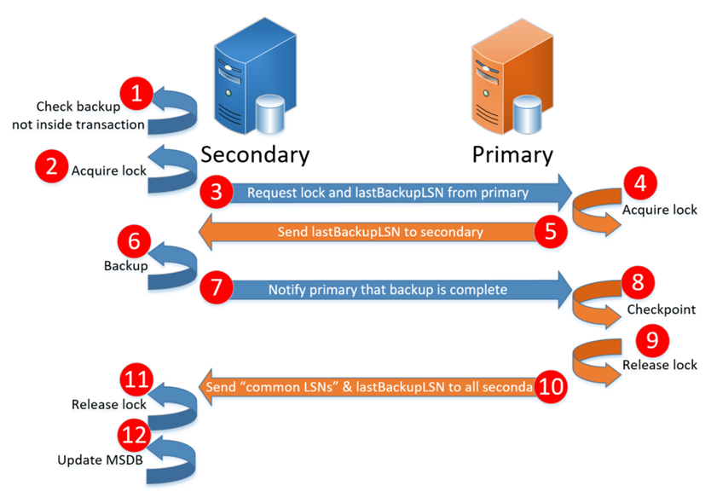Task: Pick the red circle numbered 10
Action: point(550,387)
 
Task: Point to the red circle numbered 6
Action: point(136,242)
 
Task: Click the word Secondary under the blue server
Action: point(255,154)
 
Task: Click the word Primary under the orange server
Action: point(512,154)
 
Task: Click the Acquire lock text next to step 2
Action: point(109,170)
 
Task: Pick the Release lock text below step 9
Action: point(660,365)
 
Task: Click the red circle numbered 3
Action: point(217,193)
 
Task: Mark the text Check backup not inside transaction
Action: point(78,116)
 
